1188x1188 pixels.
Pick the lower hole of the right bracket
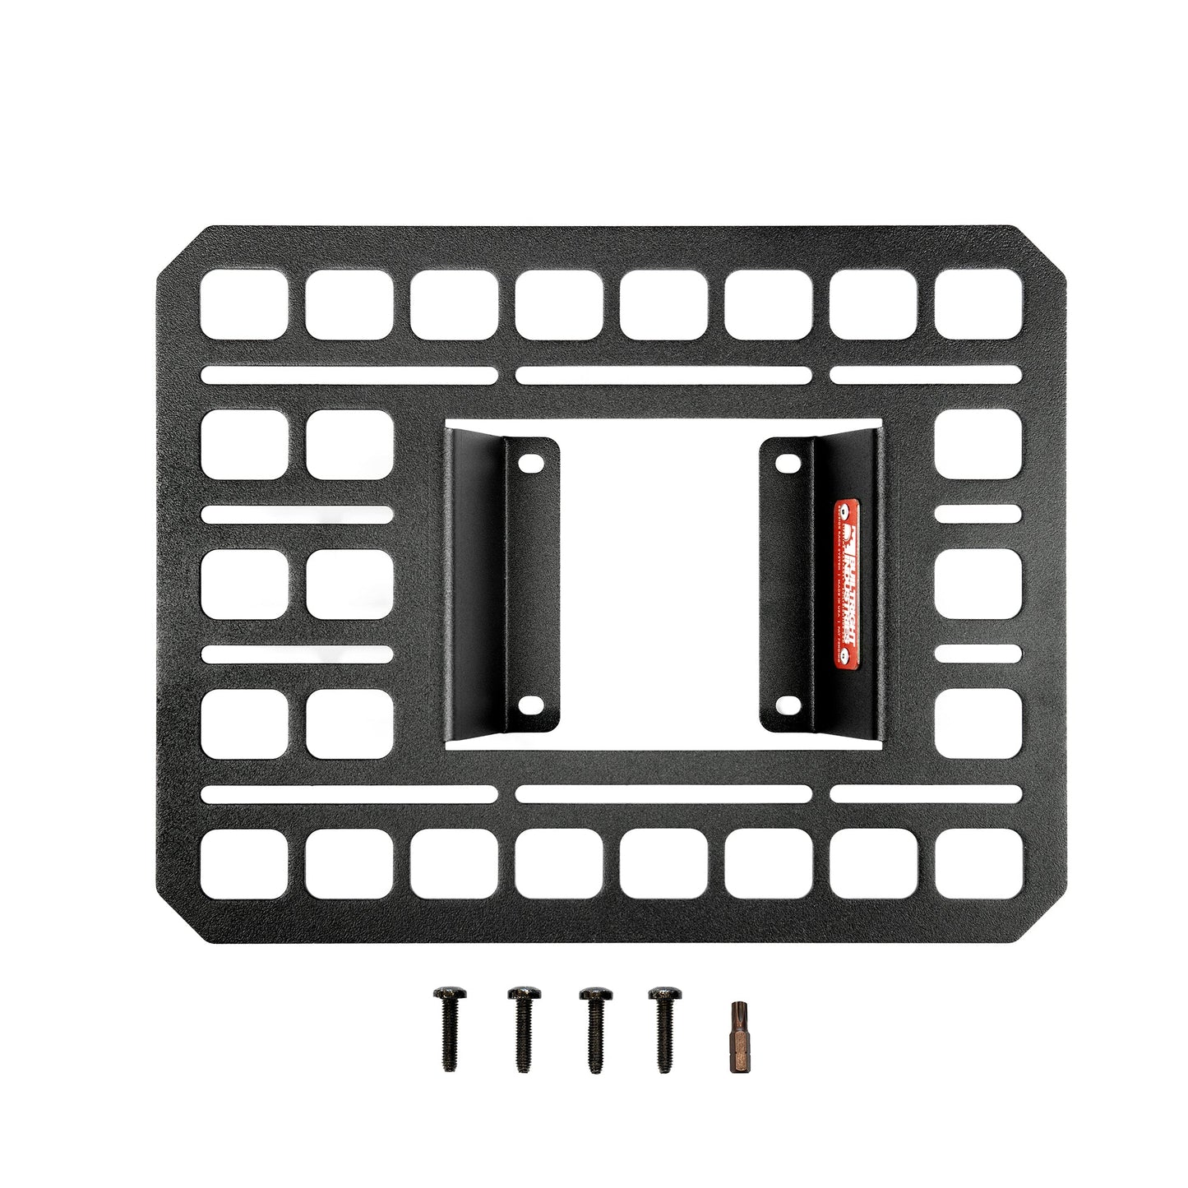pyautogui.click(x=787, y=703)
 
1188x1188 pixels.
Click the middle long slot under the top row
pyautogui.click(x=664, y=377)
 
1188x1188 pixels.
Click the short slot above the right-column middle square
pyautogui.click(x=978, y=515)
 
